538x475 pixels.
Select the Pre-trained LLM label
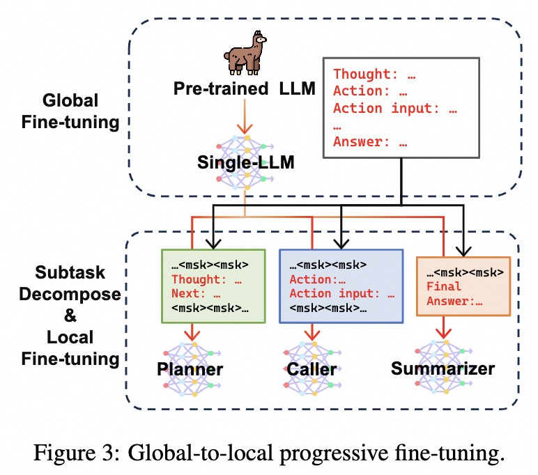pos(243,89)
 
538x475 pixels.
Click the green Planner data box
pos(213,286)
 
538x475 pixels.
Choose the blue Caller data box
pos(341,286)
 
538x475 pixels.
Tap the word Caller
pos(312,368)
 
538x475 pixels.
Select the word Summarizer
pos(443,367)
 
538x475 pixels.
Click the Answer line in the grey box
pos(370,143)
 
